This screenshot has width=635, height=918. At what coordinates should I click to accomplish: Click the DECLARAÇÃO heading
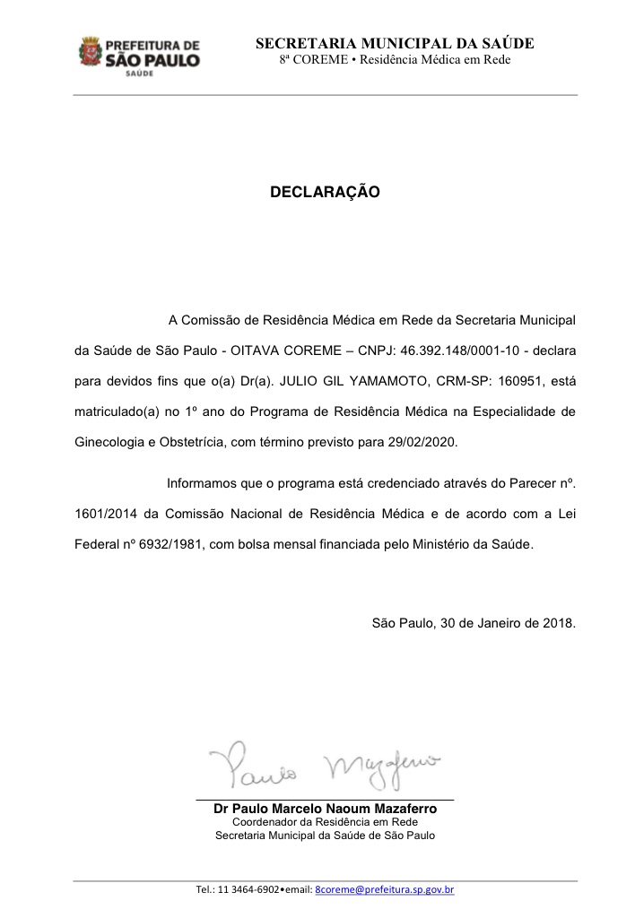pyautogui.click(x=325, y=192)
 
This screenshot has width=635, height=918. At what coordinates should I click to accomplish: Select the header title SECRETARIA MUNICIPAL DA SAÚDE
pyautogui.click(x=395, y=43)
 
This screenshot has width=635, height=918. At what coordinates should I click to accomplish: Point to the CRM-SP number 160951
pyautogui.click(x=516, y=380)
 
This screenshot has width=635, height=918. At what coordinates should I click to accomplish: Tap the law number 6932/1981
pyautogui.click(x=167, y=543)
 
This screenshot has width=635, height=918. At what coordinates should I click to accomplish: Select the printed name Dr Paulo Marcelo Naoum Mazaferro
pyautogui.click(x=325, y=809)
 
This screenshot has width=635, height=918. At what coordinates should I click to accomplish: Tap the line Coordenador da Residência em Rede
pyautogui.click(x=325, y=822)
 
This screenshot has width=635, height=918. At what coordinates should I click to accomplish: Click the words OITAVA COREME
pyautogui.click(x=273, y=349)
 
